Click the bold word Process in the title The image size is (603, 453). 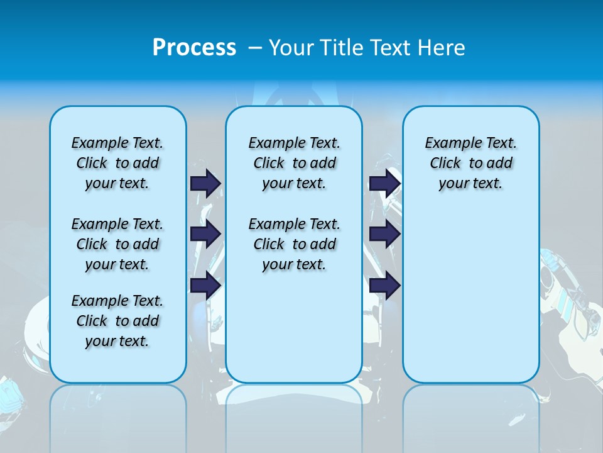tap(194, 48)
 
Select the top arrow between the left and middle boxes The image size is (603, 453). tap(205, 183)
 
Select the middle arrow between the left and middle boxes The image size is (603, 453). tap(205, 234)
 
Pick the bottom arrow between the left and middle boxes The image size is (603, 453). tap(205, 286)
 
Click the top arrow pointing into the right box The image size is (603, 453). tap(384, 183)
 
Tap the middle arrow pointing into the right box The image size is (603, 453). tap(384, 234)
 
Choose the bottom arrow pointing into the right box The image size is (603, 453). tap(384, 286)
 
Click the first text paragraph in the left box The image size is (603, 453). tap(117, 163)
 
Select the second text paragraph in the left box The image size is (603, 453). tap(117, 244)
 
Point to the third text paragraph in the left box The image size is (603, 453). tap(117, 321)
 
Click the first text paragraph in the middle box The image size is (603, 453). tap(294, 163)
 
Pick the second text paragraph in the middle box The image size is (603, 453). tap(294, 244)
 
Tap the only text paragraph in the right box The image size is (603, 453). tap(470, 163)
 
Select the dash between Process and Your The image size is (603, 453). tap(254, 48)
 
